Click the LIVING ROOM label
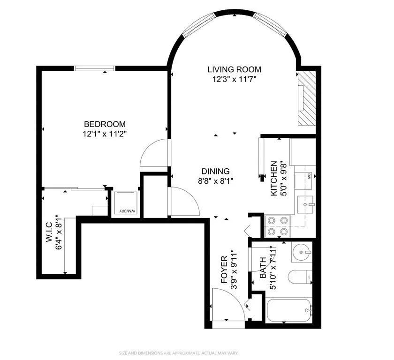point(234,69)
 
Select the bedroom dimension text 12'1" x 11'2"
point(105,134)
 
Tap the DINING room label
point(215,171)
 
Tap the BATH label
point(263,266)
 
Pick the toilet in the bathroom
point(299,277)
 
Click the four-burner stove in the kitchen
point(279,225)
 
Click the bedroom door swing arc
point(153,152)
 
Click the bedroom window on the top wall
point(95,68)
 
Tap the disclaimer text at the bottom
point(197,352)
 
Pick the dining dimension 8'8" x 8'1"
point(215,180)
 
